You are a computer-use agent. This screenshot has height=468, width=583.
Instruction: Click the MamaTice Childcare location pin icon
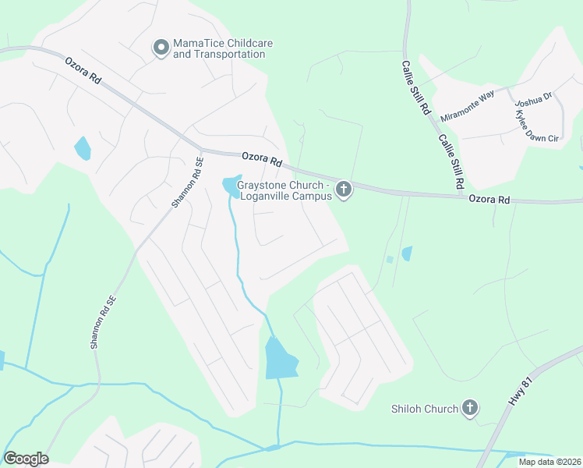point(161,48)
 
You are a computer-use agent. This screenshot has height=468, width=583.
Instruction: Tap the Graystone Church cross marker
point(343,190)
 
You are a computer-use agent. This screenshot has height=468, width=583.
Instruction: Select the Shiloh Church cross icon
point(469,408)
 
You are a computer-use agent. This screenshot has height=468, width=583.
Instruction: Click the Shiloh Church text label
point(425,409)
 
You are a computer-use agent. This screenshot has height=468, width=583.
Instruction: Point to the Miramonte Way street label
point(468,105)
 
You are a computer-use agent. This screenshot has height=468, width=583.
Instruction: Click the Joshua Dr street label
point(534,98)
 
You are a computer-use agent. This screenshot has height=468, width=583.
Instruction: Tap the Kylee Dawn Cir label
point(537,126)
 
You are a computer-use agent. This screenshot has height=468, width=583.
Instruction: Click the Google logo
point(26,458)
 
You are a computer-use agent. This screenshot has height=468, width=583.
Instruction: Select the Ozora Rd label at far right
point(489,200)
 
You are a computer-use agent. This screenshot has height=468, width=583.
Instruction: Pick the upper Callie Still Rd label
point(416,88)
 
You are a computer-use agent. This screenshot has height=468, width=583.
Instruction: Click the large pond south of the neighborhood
point(281,359)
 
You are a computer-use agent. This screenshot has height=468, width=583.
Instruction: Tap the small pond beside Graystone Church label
point(231,186)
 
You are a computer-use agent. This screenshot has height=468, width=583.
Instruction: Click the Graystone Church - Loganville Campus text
point(284,191)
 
